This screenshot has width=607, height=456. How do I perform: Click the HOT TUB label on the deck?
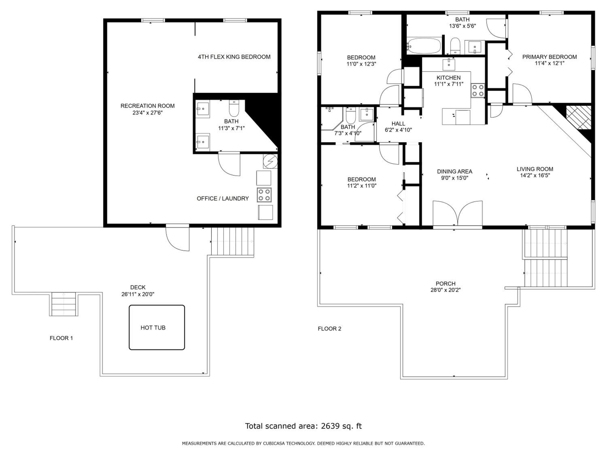[153, 328]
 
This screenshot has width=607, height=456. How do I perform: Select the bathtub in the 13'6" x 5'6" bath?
[424, 46]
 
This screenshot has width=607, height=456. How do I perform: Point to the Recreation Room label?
[148, 106]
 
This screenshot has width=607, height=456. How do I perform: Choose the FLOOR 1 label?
[61, 338]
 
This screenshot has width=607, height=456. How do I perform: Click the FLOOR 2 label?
[329, 329]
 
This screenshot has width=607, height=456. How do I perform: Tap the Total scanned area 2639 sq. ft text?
[303, 426]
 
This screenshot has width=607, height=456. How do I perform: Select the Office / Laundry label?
[223, 198]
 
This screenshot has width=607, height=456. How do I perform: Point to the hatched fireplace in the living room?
[579, 117]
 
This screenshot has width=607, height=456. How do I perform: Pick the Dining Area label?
[455, 171]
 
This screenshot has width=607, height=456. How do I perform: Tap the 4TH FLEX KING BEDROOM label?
[234, 57]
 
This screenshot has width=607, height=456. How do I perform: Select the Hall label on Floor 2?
[398, 124]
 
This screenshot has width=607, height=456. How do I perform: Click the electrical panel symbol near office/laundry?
[270, 161]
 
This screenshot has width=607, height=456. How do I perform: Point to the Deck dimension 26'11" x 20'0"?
[138, 294]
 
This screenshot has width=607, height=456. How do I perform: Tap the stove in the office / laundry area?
[264, 195]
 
